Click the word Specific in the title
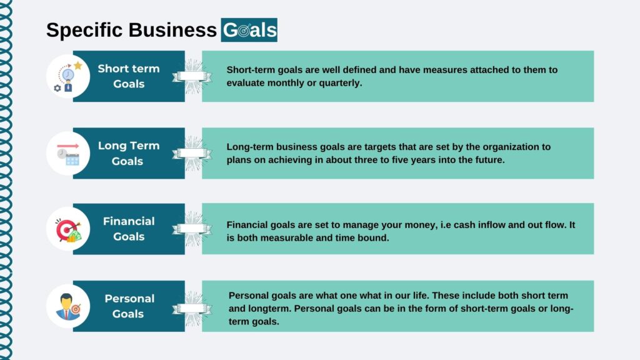tap(84, 31)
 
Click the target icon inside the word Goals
tap(244, 31)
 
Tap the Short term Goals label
tap(129, 76)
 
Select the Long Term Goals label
tap(129, 154)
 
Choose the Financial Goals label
tap(129, 229)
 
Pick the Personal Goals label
tap(129, 306)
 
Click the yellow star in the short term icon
tap(78, 65)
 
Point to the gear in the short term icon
tap(57, 88)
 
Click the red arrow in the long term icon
tap(67, 146)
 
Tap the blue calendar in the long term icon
tap(72, 159)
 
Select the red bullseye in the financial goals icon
tap(66, 230)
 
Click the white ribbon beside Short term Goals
tap(192, 76)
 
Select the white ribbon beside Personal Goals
tap(192, 309)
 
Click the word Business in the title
tap(172, 30)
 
